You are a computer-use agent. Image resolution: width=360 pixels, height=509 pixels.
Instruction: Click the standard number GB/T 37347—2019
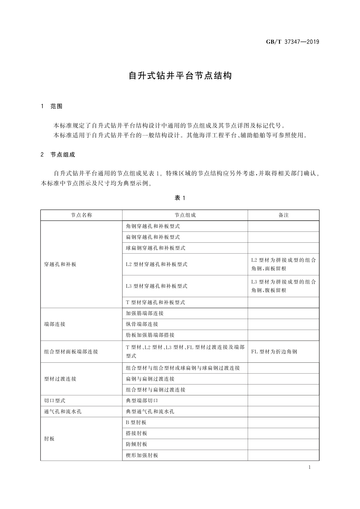[292, 42]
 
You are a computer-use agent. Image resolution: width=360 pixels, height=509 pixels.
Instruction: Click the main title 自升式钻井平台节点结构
[180, 76]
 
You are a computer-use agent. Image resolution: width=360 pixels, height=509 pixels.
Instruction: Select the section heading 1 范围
[52, 106]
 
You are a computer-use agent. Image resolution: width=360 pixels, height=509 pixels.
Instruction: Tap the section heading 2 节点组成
[58, 155]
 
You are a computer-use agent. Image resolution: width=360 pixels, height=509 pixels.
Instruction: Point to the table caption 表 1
[180, 198]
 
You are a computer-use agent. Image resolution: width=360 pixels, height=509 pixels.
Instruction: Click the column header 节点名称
[82, 215]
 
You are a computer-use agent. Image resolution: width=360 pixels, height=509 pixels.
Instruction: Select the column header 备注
[284, 215]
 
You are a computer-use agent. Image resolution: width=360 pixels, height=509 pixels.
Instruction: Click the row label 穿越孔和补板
[60, 264]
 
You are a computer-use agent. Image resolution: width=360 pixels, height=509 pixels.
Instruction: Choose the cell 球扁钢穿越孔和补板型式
[156, 248]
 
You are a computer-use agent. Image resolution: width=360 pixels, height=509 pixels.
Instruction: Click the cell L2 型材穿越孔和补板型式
[157, 264]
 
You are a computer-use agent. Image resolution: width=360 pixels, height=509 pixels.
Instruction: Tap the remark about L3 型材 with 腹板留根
[283, 286]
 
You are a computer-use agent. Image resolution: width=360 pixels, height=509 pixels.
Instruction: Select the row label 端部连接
[55, 324]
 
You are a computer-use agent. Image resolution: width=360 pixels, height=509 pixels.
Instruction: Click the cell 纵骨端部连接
[142, 324]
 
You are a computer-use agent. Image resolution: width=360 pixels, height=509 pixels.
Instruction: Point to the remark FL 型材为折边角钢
[274, 352]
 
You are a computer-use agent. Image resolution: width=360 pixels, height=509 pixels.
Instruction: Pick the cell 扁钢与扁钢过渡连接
[150, 379]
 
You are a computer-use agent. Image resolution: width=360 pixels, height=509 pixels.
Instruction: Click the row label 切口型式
[55, 401]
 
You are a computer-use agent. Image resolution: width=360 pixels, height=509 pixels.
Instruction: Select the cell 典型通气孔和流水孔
[150, 412]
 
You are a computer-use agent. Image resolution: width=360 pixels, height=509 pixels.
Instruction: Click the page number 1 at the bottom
[310, 468]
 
